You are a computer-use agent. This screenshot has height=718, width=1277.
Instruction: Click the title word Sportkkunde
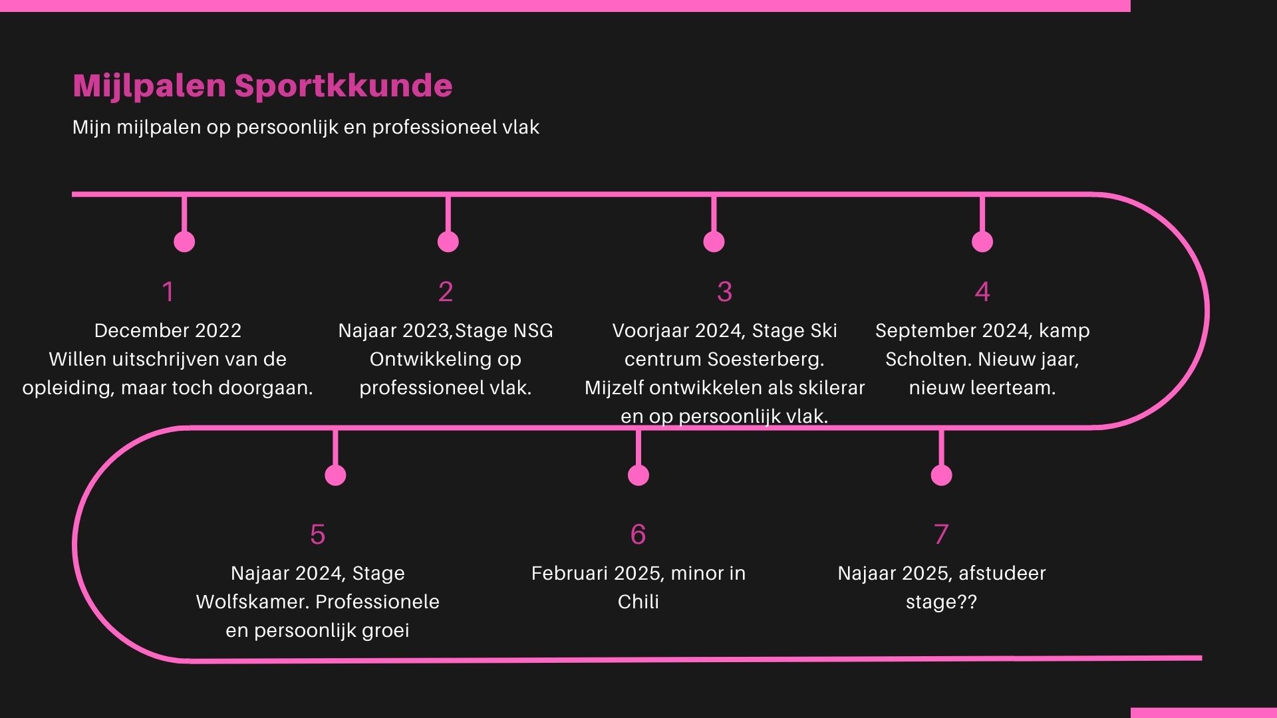click(x=343, y=86)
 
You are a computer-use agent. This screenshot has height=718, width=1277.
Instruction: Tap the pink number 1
click(x=168, y=292)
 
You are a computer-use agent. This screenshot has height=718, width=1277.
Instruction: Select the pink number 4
click(x=982, y=292)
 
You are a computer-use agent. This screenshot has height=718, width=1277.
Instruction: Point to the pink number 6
click(x=638, y=535)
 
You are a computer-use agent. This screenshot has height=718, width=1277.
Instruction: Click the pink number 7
click(x=941, y=535)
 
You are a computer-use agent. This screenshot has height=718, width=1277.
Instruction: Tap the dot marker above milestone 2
click(x=448, y=241)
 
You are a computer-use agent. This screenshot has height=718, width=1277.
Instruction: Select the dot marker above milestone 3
click(x=714, y=241)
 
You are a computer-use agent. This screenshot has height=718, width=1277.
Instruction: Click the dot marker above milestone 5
click(x=335, y=475)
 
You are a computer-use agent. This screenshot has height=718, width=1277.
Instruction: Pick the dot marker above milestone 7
click(x=941, y=475)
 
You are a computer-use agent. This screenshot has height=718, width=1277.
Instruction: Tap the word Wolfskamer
click(x=253, y=602)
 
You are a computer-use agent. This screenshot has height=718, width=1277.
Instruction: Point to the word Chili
click(x=638, y=602)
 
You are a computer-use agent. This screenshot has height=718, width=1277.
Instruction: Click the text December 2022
click(x=168, y=330)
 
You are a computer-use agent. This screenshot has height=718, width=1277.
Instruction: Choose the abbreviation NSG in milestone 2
click(x=533, y=330)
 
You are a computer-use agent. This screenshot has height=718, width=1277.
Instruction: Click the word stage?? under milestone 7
click(x=941, y=602)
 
